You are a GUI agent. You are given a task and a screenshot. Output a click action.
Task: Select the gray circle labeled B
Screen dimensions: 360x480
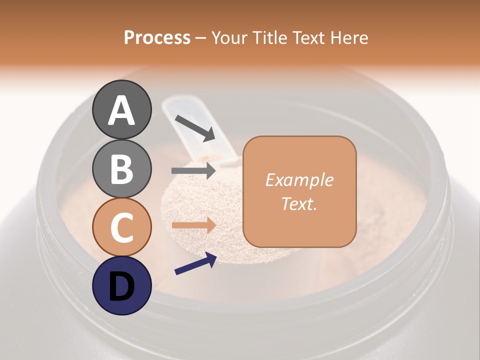click(x=122, y=169)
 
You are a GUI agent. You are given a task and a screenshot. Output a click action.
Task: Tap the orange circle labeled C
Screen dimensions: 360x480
click(x=122, y=227)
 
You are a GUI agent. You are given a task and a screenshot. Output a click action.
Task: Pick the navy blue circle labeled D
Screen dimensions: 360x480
click(x=122, y=285)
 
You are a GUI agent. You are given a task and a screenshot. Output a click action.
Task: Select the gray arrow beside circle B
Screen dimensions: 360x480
click(x=193, y=170)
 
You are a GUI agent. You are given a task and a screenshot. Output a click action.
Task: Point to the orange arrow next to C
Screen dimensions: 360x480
click(x=193, y=225)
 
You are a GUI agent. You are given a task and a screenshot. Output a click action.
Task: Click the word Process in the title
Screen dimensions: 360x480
click(x=157, y=37)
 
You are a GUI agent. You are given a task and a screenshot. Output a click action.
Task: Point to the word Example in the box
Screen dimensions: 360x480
click(x=299, y=180)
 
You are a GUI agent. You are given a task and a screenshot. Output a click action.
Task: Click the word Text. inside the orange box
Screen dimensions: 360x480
click(x=299, y=203)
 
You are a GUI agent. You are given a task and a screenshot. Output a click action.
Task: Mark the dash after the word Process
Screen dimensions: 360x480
click(x=200, y=38)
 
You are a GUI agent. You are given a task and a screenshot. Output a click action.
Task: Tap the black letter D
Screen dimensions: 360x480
click(x=122, y=286)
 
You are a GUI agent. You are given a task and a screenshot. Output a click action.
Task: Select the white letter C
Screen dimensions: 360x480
click(x=122, y=227)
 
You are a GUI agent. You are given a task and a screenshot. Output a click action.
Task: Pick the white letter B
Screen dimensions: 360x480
click(x=122, y=169)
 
